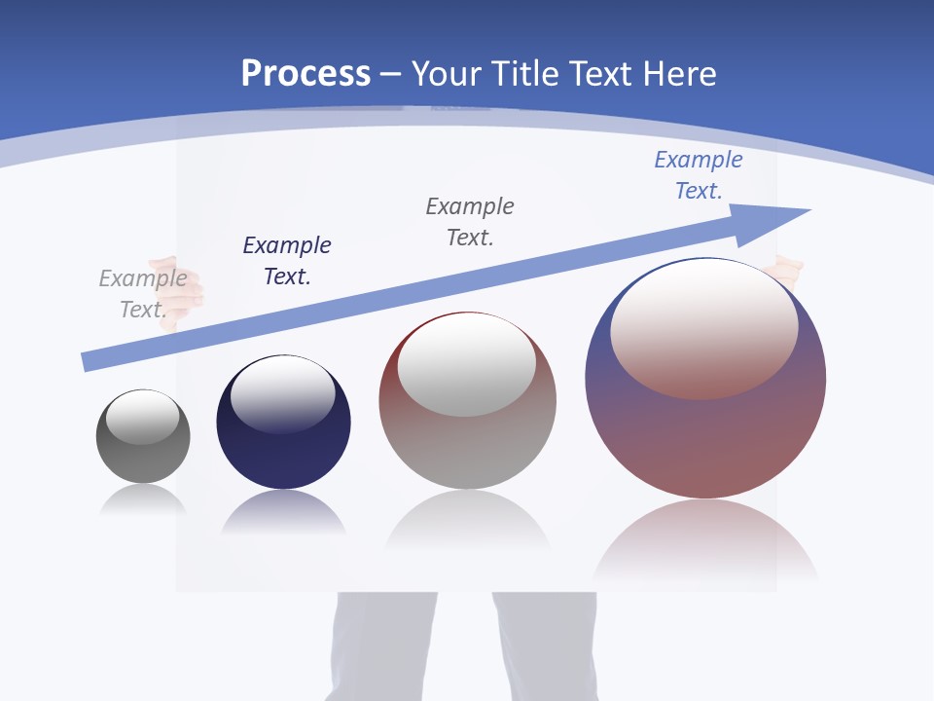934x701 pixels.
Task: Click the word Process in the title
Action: pos(305,74)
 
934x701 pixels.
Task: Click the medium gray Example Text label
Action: pos(470,222)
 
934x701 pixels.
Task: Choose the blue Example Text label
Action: pos(699,175)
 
